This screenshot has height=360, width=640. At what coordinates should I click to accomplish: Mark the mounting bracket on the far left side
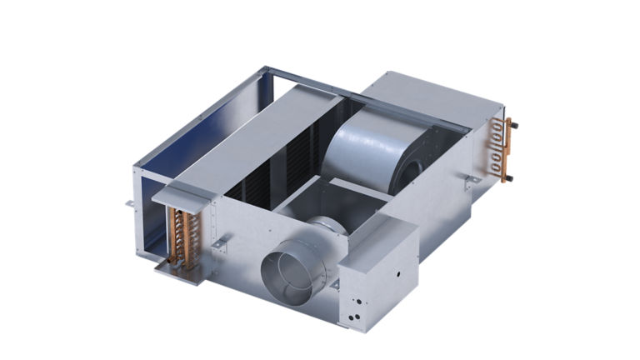point(131,202)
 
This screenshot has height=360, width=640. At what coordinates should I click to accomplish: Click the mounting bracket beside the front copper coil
point(222,242)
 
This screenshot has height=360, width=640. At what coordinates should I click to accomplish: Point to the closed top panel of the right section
point(433,96)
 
